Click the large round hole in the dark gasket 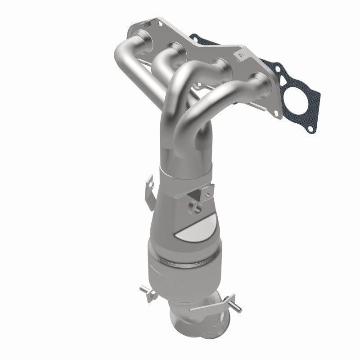(299, 98)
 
